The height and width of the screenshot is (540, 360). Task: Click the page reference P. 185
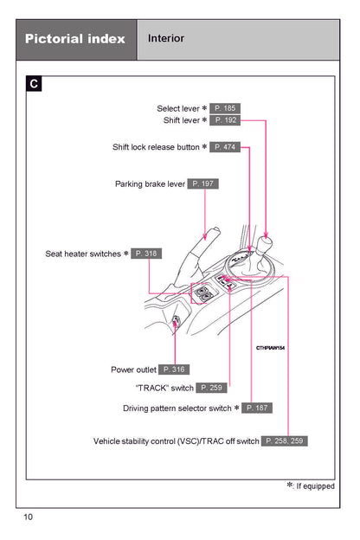click(x=225, y=108)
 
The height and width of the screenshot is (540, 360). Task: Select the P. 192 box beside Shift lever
click(x=225, y=120)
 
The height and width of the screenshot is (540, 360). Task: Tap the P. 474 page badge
click(x=225, y=147)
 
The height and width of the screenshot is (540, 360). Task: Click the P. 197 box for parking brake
click(x=202, y=183)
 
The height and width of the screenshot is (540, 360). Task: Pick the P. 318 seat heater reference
click(x=146, y=254)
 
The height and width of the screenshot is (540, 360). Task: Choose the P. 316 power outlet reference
click(x=174, y=370)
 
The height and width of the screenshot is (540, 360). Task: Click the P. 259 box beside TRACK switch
click(x=211, y=388)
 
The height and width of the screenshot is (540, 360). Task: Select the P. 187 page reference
click(x=257, y=408)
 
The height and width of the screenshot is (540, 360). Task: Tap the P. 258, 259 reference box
click(x=284, y=440)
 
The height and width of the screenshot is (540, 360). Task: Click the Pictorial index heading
click(x=75, y=39)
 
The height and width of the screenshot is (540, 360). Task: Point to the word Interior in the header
click(x=166, y=38)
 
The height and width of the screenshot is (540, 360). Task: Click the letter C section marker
click(x=34, y=84)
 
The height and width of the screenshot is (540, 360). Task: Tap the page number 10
click(x=29, y=517)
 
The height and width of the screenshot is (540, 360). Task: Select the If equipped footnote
click(x=311, y=486)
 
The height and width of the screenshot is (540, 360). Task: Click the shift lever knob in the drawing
click(x=265, y=243)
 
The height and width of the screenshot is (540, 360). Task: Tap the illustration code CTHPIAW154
click(x=270, y=348)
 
